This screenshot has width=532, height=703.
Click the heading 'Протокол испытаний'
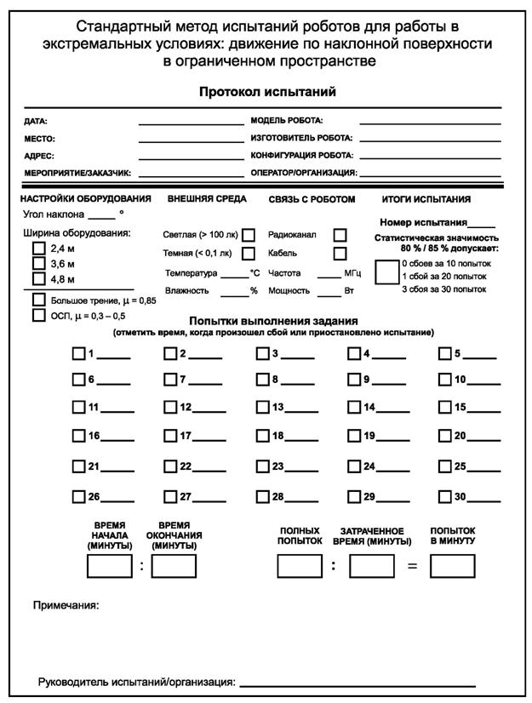coord(267,92)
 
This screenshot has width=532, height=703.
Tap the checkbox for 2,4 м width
coord(38,249)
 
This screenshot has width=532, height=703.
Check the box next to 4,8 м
coord(38,278)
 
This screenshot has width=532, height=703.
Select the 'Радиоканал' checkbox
coord(340,235)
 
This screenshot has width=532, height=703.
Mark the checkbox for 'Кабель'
coord(340,253)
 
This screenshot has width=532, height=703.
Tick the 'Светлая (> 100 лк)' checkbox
coord(249,235)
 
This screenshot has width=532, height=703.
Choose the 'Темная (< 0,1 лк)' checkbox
coord(249,253)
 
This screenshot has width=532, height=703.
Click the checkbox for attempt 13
coord(263,408)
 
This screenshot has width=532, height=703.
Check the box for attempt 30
coord(445,497)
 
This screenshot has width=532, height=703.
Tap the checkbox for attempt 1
coord(79,354)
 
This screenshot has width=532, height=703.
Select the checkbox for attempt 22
coord(171,466)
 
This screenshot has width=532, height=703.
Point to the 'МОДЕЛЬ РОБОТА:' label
coord(287,121)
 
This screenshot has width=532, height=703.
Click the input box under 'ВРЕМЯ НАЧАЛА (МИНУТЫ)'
coord(110,566)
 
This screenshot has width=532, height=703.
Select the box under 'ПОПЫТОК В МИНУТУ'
coord(452,566)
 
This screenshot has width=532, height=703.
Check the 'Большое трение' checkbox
coord(38,300)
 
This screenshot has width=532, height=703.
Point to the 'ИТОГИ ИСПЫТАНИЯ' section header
coord(426,199)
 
